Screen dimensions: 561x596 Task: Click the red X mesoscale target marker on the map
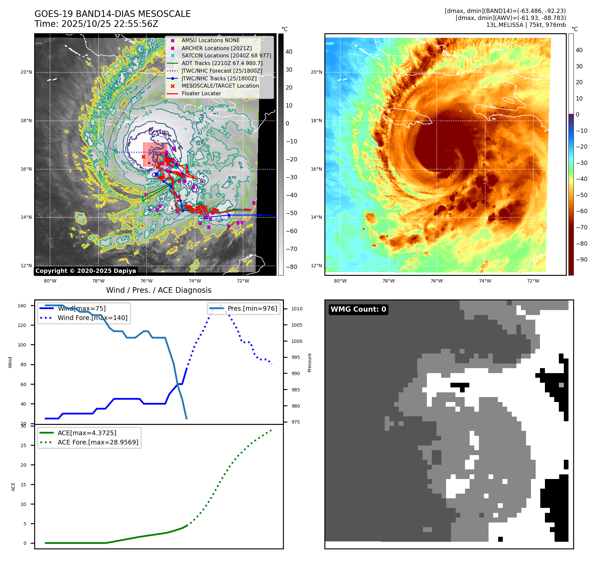(143, 157)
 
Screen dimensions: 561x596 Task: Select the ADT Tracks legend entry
(222, 63)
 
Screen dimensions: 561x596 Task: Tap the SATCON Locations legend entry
(226, 55)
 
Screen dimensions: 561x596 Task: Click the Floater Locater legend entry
(201, 93)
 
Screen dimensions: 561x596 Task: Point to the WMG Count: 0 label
(358, 309)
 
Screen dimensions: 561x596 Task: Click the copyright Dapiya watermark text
(86, 271)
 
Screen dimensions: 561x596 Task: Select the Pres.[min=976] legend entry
(252, 308)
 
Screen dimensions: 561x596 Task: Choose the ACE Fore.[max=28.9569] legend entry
(98, 442)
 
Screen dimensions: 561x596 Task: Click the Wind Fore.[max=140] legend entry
(93, 318)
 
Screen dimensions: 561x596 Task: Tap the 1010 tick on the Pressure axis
(297, 309)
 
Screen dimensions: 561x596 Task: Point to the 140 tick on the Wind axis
(22, 306)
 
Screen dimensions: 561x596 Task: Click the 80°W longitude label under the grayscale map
(50, 281)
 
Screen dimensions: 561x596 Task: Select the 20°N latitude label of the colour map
(316, 72)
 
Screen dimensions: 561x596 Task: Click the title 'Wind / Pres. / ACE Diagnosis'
(159, 290)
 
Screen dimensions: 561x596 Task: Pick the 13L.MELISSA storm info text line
(526, 25)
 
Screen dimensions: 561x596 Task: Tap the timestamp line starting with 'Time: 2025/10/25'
(96, 24)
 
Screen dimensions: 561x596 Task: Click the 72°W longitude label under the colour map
(533, 281)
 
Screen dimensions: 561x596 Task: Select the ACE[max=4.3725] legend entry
(87, 433)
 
